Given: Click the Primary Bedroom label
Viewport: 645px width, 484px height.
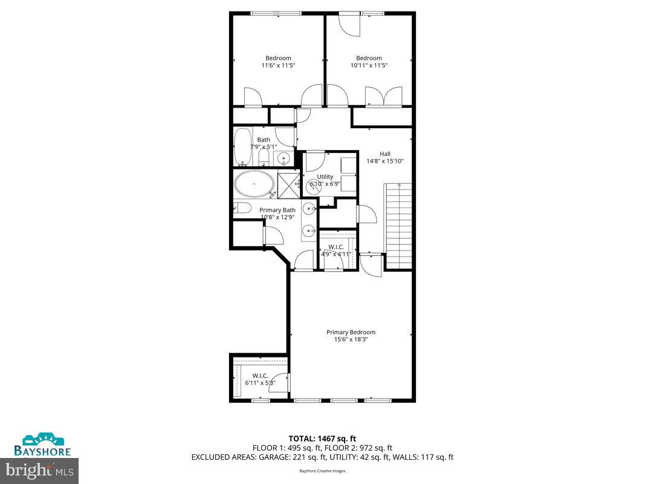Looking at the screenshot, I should [351, 332].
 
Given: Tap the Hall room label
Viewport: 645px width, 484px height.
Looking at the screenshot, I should [385, 154].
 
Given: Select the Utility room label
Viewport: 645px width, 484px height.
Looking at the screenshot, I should [325, 177].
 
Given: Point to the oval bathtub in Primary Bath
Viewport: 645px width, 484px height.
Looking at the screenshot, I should [253, 183].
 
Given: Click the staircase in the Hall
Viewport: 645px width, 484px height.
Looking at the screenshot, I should [399, 224].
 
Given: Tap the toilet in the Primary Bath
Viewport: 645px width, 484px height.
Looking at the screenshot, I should [242, 209].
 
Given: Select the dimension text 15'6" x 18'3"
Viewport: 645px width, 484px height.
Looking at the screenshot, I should [351, 340].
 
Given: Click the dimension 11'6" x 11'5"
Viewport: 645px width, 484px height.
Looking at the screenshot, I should [278, 65].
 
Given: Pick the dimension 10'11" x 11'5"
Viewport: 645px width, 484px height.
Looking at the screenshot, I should [369, 65].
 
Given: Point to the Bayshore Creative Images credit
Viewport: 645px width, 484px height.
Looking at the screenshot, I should [322, 471].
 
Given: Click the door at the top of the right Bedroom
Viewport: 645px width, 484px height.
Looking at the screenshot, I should [349, 23].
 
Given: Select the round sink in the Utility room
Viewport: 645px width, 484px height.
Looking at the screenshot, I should [313, 187].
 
